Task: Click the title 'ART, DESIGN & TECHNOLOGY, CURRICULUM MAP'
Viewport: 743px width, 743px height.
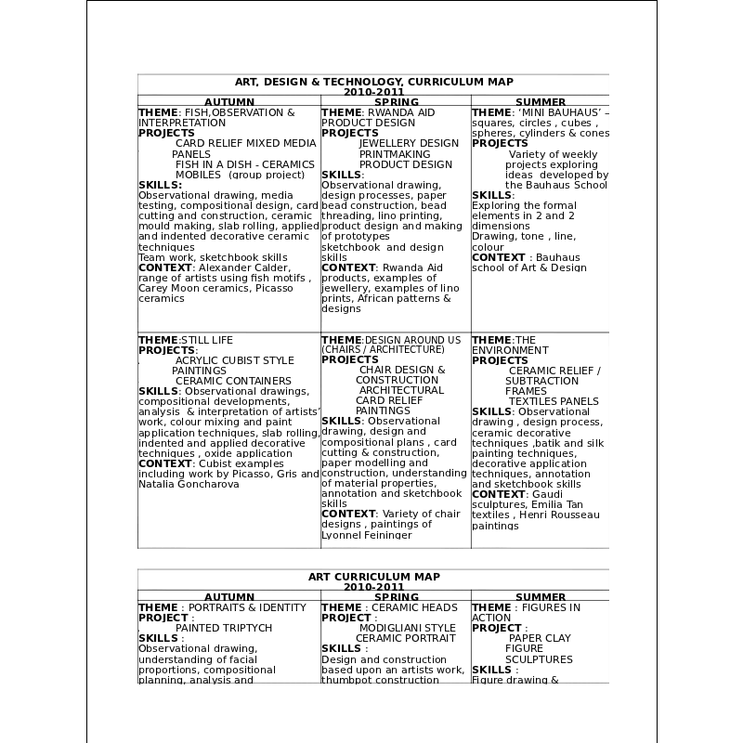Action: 373,82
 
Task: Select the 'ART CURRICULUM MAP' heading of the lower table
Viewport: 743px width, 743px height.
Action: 373,577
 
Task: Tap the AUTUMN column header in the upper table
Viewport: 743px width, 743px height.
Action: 229,102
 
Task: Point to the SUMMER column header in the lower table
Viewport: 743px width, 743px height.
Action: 541,597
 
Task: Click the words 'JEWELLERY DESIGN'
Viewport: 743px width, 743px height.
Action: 409,144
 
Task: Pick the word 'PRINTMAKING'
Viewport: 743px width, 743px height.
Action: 395,154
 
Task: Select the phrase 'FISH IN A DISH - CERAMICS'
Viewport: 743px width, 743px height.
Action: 245,164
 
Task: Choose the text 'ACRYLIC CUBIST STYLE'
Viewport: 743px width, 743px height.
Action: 235,360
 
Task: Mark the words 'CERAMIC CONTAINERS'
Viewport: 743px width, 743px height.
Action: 233,381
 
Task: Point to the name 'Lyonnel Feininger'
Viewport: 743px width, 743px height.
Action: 366,535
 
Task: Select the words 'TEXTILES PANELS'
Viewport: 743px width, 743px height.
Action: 554,401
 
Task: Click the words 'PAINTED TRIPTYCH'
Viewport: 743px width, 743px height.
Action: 224,628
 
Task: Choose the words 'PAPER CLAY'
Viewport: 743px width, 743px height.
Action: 540,638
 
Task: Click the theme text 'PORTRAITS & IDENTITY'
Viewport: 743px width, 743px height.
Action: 247,607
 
